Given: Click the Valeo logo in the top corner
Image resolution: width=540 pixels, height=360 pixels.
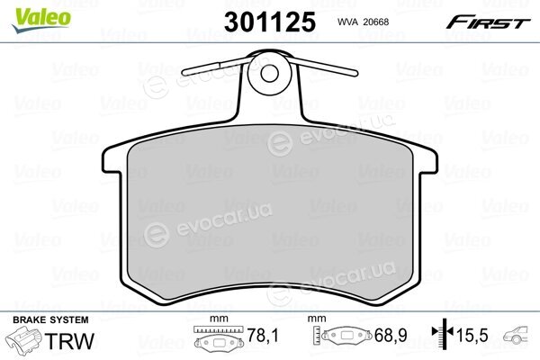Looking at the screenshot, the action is tap(41, 20).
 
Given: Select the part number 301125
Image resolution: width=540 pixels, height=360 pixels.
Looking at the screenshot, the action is tap(270, 22).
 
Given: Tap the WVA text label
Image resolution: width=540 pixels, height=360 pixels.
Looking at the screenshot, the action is tap(348, 22).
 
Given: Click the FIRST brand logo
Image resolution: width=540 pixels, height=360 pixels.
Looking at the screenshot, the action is tap(488, 23).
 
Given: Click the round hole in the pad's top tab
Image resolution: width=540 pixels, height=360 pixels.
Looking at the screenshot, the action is tap(269, 74).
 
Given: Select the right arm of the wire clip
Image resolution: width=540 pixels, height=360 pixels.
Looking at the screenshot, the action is tap(326, 67).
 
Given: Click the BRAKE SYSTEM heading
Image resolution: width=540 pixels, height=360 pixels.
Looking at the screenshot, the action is tap(50, 319).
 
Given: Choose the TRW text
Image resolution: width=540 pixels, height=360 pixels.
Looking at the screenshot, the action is tap(69, 341).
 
